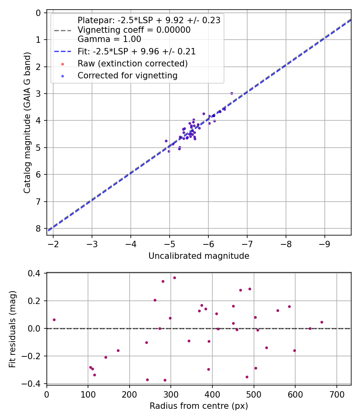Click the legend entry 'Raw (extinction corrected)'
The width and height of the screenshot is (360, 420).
click(132, 63)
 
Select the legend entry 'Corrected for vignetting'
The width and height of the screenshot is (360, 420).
click(128, 75)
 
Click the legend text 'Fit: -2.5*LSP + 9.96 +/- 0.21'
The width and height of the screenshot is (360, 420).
click(136, 51)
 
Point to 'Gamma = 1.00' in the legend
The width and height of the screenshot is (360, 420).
click(109, 39)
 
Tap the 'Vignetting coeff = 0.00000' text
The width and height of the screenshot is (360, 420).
click(134, 30)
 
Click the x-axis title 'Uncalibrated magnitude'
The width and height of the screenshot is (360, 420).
click(199, 256)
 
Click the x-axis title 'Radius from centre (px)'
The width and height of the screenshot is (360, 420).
click(199, 406)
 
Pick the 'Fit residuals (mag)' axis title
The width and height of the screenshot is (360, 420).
click(12, 328)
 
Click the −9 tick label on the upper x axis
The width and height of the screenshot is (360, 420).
click(324, 244)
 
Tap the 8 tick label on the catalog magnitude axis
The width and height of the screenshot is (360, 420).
click(38, 228)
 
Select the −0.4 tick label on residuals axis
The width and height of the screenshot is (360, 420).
click(33, 384)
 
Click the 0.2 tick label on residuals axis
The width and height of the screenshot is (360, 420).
click(35, 301)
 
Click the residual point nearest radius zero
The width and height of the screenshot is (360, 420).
click(54, 320)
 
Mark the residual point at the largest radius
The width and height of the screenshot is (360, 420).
click(322, 322)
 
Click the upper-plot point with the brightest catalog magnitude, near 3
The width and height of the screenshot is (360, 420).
click(232, 93)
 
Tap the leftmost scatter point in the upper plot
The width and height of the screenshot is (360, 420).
click(166, 141)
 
